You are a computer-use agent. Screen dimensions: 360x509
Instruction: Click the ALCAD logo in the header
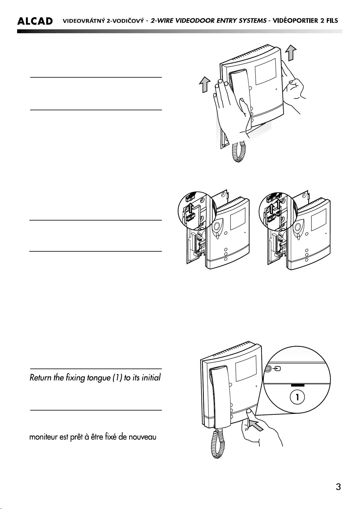coord(35,21)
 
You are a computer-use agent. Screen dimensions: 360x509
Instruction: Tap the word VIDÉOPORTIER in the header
coord(294,21)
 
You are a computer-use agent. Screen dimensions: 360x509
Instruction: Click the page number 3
coord(338,487)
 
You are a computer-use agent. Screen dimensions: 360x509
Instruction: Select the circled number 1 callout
coord(297,397)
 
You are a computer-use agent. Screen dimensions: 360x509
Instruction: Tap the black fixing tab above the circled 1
coord(297,385)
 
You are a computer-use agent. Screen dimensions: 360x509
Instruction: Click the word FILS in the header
coord(332,21)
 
